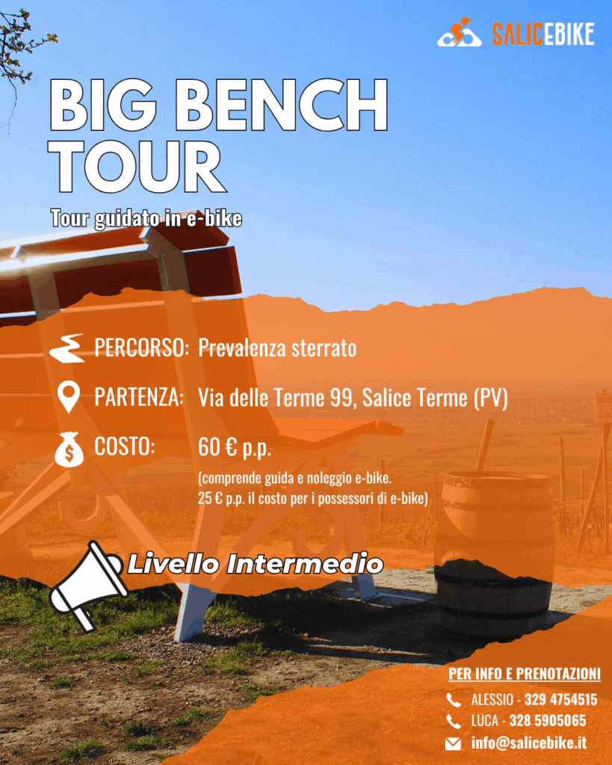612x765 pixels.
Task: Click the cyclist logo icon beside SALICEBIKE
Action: point(460,33)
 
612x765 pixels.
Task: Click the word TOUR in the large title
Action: point(137,167)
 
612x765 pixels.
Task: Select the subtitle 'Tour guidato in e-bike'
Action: point(146,218)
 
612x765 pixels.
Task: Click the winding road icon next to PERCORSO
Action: point(68,348)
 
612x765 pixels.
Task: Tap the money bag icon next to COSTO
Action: point(69,449)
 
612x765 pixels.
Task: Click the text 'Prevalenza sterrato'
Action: point(277,348)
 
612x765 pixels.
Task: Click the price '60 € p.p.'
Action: point(235,447)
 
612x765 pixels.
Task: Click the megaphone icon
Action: point(87,586)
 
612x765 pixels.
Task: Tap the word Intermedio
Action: point(305,564)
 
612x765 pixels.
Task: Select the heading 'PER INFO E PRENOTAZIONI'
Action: point(525,674)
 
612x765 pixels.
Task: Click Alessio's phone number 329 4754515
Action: point(560,699)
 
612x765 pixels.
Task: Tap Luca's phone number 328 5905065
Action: point(548,721)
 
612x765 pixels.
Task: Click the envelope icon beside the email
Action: point(453,743)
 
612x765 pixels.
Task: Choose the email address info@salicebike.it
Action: point(529,743)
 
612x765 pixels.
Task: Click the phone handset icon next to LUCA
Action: point(454,721)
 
